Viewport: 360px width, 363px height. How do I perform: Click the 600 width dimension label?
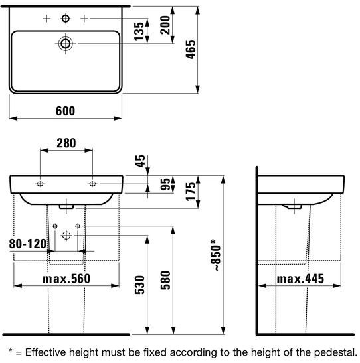point(65,111)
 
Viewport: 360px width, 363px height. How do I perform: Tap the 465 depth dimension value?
point(191,50)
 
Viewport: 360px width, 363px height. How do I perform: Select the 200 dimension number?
point(165,25)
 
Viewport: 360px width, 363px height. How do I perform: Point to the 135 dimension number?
point(139,31)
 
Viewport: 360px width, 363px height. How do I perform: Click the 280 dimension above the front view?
point(66,143)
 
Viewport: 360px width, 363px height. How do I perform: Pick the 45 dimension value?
point(140,161)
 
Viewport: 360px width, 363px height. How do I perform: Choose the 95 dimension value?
point(165,184)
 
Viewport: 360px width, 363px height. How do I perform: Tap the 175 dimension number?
point(191,192)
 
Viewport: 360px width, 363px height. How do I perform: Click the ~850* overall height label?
point(215,255)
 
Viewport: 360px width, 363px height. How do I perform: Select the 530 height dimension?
point(139,285)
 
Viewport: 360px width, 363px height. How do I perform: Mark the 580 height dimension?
point(165,280)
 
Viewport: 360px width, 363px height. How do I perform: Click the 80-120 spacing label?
point(28,244)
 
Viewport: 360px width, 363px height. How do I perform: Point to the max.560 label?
point(66,279)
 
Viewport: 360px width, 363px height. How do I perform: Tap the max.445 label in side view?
point(300,279)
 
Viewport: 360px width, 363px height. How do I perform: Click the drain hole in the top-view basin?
point(65,44)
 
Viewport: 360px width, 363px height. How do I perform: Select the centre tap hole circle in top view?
point(66,19)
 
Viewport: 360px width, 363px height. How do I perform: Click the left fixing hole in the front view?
point(40,184)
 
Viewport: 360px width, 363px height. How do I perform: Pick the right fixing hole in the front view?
point(92,184)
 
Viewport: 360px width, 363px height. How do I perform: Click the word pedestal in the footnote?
point(335,352)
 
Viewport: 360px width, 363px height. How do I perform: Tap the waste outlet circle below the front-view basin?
point(66,236)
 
